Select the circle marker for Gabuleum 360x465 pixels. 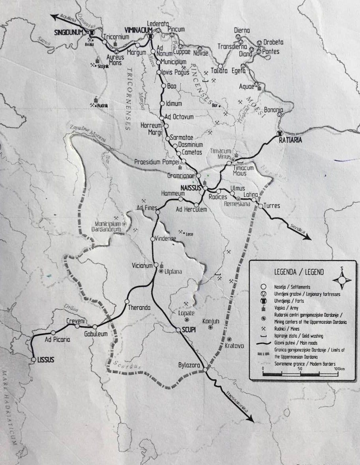[95, 327]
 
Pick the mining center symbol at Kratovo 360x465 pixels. [230, 339]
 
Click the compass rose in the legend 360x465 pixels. [342, 280]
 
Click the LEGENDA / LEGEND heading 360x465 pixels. [299, 272]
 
